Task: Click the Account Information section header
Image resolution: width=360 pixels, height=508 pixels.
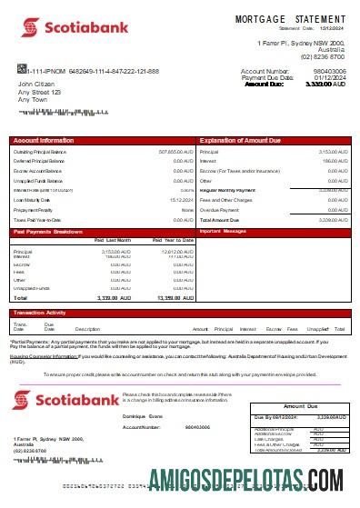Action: (x=44, y=141)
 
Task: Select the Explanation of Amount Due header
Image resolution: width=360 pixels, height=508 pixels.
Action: (x=242, y=141)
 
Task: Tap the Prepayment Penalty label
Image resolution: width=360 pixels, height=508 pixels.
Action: (x=34, y=209)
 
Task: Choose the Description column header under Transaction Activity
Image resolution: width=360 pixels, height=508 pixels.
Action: (x=87, y=328)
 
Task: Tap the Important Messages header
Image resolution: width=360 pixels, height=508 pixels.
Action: (x=223, y=232)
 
